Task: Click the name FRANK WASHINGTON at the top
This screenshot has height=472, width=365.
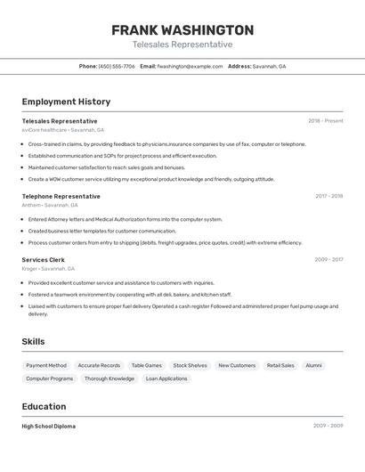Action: tap(182, 29)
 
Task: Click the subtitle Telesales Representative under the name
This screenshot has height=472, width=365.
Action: tap(182, 45)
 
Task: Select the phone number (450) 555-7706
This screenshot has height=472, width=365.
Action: tap(117, 66)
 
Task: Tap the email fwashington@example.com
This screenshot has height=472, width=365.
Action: tap(190, 66)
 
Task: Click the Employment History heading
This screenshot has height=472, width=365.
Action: tap(66, 102)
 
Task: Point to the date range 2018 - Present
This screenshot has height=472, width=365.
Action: tap(325, 121)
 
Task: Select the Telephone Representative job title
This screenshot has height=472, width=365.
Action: tap(61, 196)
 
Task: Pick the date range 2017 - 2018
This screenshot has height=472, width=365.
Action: tap(328, 196)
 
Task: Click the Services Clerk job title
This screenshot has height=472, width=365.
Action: tap(43, 260)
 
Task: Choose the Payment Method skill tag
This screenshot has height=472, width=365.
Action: tap(46, 365)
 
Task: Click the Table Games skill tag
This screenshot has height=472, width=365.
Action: tap(146, 365)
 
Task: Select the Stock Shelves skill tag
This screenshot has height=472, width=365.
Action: tap(190, 365)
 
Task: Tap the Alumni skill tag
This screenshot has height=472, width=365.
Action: tap(313, 365)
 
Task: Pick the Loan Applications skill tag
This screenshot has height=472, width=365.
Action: tap(166, 378)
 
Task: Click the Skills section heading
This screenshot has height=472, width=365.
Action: tap(33, 341)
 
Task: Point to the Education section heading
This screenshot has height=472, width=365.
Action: tap(44, 406)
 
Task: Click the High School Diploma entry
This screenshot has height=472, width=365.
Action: tap(48, 426)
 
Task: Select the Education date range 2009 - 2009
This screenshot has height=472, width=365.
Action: tap(328, 426)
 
